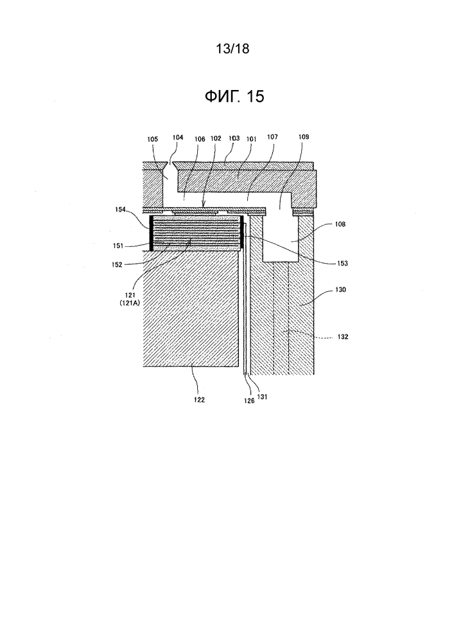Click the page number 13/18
232,49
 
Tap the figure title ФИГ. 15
234,96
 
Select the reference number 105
152,140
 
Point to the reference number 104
178,138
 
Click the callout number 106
200,140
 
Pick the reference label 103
234,138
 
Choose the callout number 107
272,137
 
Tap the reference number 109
303,137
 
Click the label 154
120,210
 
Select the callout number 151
118,246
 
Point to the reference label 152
117,265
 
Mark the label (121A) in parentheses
130,303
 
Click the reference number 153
342,263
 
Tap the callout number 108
340,224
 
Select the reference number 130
340,289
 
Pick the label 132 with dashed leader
343,337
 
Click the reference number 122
199,400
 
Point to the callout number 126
249,401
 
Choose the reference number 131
262,397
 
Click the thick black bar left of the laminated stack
152,233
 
